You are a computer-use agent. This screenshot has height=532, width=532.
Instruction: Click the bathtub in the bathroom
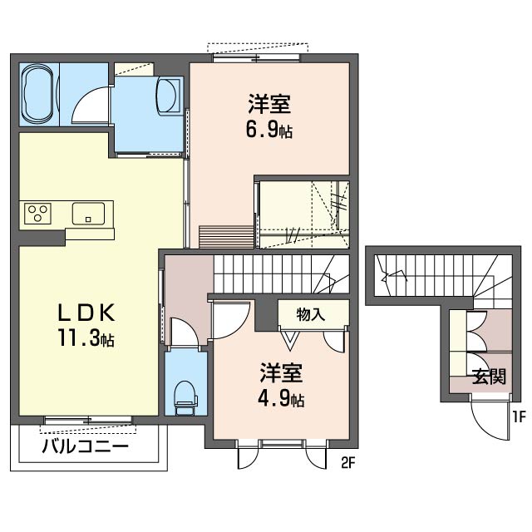click(38, 93)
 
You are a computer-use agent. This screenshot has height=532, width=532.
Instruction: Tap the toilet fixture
click(185, 397)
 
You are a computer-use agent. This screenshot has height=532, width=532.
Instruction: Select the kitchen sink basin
click(88, 214)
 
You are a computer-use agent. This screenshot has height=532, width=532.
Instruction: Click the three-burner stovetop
click(37, 214)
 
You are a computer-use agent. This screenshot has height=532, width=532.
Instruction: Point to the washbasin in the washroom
click(167, 95)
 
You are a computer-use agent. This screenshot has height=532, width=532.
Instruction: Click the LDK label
click(86, 313)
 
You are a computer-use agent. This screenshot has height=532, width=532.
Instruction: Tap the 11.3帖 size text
click(86, 338)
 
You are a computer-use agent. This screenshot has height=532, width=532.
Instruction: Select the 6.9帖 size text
click(269, 130)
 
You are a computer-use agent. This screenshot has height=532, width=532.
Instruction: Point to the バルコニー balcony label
click(85, 446)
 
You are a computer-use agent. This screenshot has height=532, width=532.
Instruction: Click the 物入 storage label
click(310, 314)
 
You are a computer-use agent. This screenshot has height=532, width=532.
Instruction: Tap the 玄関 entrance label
click(489, 377)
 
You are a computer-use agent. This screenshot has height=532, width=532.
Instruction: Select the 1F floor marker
click(519, 417)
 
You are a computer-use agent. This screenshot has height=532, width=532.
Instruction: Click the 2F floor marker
click(347, 463)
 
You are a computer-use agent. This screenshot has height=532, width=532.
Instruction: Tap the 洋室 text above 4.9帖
click(281, 372)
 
